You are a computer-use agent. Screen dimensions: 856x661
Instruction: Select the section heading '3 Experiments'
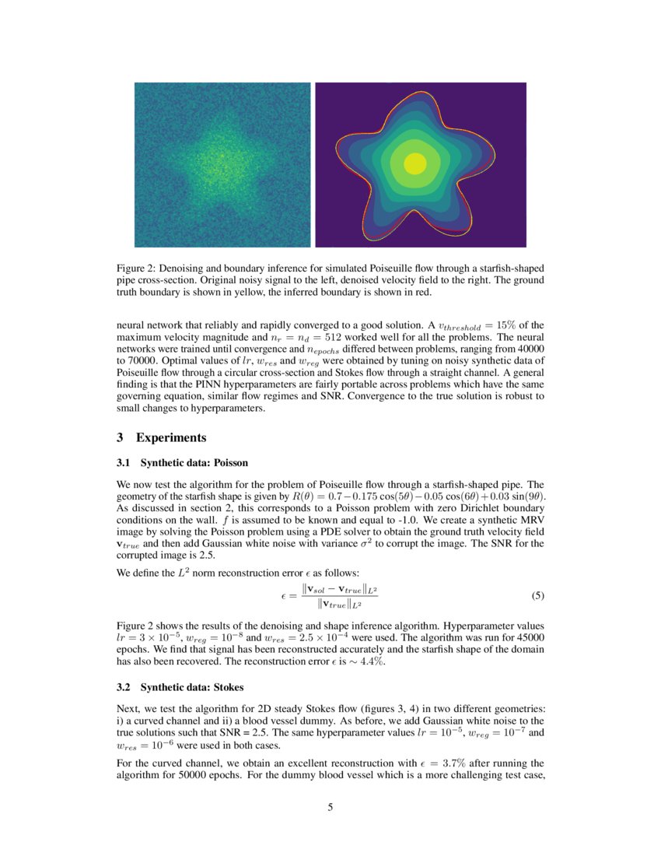tap(160, 437)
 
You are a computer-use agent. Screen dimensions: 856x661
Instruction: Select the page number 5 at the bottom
tap(330, 807)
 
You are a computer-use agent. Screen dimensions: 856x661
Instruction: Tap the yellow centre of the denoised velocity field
tap(414, 164)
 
